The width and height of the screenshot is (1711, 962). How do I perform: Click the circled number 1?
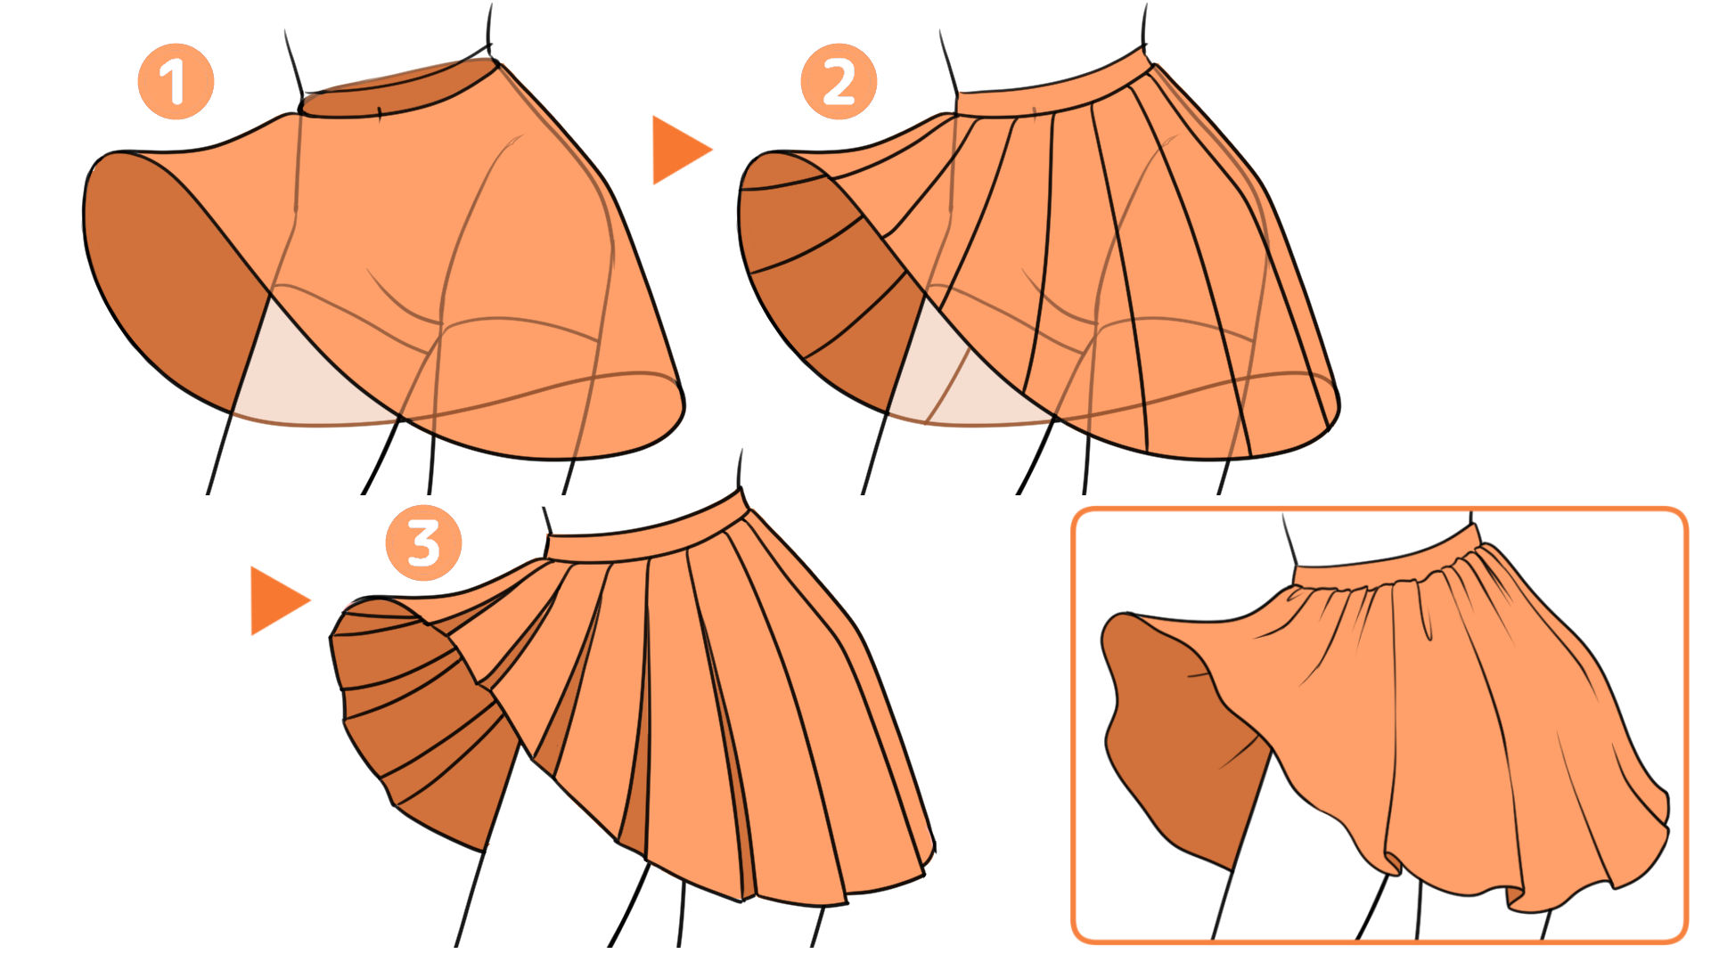click(x=176, y=82)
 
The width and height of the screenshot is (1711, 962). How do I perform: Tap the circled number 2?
click(x=839, y=82)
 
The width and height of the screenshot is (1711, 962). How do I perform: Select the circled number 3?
click(x=423, y=543)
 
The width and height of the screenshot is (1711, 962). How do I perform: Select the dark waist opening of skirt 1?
click(x=397, y=90)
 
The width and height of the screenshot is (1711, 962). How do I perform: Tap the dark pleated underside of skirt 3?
click(x=419, y=721)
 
